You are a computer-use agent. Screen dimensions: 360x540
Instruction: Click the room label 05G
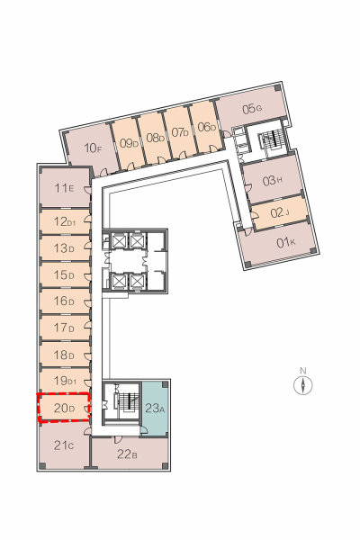tap(252, 109)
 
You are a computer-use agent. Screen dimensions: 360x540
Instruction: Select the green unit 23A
tap(155, 409)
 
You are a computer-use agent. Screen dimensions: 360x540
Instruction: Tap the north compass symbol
tap(303, 384)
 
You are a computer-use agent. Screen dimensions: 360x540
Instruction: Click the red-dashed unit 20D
tap(64, 408)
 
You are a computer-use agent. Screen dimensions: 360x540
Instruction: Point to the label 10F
tap(93, 148)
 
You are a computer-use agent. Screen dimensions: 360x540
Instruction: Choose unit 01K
tap(277, 244)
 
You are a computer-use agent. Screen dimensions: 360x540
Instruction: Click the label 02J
tap(279, 212)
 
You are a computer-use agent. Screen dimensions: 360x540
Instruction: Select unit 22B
tap(130, 453)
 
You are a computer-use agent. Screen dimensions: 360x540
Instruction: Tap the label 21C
tap(64, 445)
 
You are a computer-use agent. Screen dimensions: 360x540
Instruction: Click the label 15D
tap(64, 274)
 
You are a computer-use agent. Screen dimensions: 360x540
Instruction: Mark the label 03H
tap(273, 181)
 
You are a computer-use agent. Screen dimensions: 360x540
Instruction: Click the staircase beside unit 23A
tap(125, 400)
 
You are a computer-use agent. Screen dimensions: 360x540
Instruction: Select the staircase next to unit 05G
tap(272, 139)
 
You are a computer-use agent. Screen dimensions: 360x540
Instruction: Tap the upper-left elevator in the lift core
tap(120, 240)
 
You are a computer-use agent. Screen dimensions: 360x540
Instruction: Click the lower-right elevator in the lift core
tap(138, 282)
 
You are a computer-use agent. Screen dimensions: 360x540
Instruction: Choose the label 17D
tap(64, 328)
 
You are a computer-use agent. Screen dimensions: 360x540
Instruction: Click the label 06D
tap(207, 127)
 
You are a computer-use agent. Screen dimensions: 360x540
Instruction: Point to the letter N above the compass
tap(303, 371)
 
